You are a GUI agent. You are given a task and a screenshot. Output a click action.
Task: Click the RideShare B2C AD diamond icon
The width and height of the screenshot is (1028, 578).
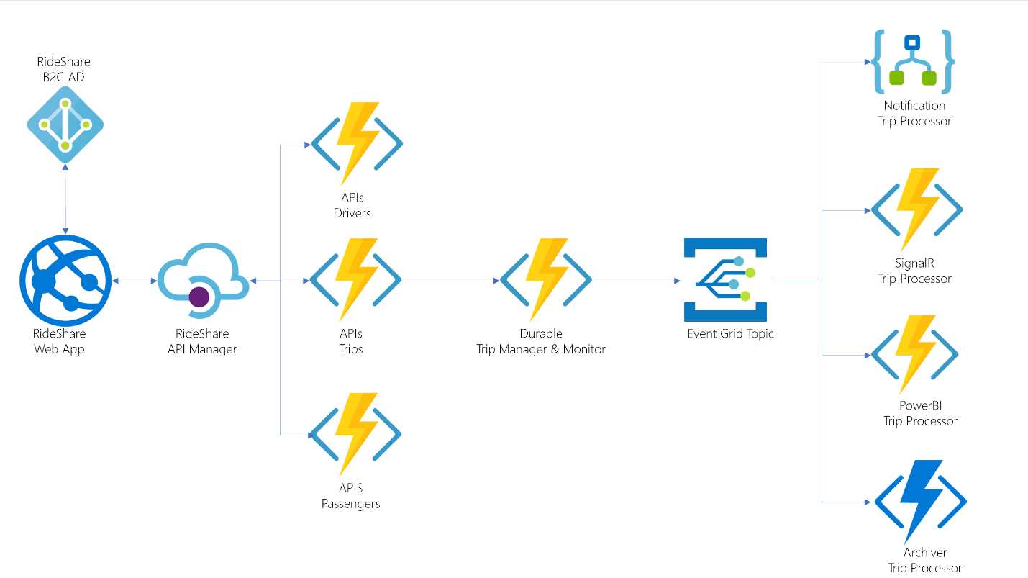coord(65,125)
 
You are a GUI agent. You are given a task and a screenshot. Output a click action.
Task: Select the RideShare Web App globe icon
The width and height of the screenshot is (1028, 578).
coord(65,281)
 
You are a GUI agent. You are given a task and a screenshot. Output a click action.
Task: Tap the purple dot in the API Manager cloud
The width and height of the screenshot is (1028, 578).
coord(199,296)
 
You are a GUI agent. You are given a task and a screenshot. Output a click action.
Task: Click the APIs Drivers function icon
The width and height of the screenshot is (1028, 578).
coord(356,143)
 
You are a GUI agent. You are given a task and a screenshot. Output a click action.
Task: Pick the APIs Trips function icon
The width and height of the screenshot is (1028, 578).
coord(355,279)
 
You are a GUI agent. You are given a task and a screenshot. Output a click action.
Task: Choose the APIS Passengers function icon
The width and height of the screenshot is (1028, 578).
coord(355,433)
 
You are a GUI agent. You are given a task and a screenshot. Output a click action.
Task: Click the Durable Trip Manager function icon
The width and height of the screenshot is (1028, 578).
coord(546,279)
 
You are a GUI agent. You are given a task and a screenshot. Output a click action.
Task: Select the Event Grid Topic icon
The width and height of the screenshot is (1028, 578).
coord(725,279)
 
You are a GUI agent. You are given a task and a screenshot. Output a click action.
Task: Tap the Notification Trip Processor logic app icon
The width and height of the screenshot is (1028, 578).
coord(914,62)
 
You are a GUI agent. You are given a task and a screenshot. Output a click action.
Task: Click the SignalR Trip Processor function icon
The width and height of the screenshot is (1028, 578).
coord(916,209)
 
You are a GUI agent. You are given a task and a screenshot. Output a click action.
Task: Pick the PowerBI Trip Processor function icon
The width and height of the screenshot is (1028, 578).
coord(914,354)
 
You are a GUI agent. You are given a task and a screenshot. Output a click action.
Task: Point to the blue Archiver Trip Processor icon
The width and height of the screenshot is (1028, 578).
coord(920,501)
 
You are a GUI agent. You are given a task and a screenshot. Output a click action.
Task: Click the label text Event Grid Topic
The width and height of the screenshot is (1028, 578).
coord(730,334)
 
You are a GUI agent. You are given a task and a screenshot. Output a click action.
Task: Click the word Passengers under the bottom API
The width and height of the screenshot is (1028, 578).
coord(350,504)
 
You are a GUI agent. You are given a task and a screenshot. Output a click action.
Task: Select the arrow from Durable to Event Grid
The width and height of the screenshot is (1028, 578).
coord(637,281)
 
